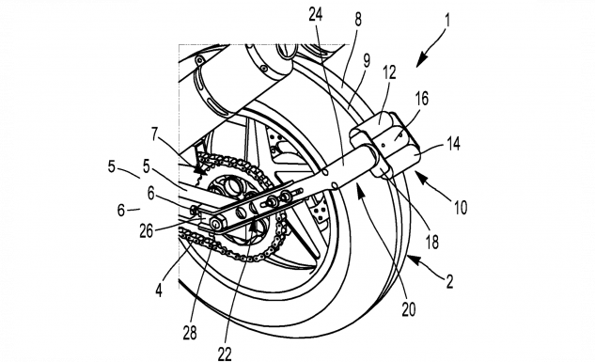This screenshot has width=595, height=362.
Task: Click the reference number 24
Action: tap(315, 14)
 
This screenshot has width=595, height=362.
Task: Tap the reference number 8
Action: tap(358, 20)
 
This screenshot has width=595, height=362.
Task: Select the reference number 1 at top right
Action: tap(447, 20)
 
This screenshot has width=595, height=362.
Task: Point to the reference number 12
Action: tap(389, 72)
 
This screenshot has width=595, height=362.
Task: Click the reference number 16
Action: tap(421, 99)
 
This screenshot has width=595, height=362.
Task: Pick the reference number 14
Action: tap(453, 144)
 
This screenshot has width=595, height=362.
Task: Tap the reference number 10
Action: tap(461, 208)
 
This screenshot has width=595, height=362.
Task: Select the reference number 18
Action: tap(432, 242)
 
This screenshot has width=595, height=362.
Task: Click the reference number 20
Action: tap(409, 309)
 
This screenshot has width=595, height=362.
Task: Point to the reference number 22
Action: tap(225, 354)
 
